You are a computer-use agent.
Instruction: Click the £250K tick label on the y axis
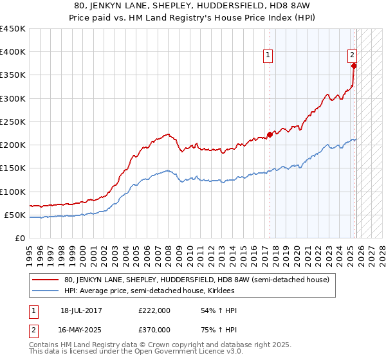point(13,122)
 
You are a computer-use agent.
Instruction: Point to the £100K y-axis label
point(13,192)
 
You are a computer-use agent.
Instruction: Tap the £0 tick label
point(19,238)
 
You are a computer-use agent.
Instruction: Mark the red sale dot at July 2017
point(270,135)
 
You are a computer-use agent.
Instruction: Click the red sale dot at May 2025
point(354,66)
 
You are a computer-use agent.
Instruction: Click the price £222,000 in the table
point(154,310)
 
